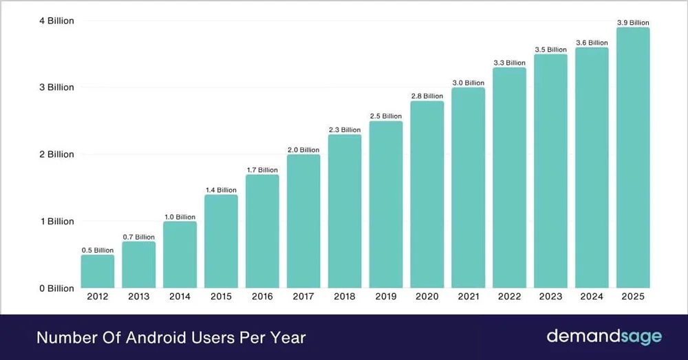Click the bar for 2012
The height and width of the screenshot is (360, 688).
pos(97,271)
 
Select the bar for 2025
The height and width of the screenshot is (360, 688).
pos(633,158)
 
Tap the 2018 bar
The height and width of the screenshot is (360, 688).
pos(345,211)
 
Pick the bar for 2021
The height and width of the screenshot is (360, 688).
pos(468,188)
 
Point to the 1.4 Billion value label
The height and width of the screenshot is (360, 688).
pos(220,190)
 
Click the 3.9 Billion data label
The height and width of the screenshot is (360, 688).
pos(633,23)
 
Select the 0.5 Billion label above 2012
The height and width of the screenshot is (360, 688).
pos(97,251)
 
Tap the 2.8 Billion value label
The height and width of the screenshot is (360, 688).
pos(427,96)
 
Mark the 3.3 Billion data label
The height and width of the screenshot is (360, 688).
pos(510,63)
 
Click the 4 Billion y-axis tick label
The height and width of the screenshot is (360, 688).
pos(56,21)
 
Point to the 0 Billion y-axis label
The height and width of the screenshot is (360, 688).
pos(56,288)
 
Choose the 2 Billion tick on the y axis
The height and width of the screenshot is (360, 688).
pos(56,154)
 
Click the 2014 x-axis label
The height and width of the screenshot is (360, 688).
pos(180,297)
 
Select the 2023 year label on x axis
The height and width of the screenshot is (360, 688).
pos(550,297)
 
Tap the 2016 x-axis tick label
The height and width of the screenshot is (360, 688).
pos(262,297)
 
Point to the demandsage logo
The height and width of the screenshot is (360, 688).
pos(604,337)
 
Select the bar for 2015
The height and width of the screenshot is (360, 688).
pos(221,241)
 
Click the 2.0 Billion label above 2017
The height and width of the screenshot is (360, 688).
pos(303,150)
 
